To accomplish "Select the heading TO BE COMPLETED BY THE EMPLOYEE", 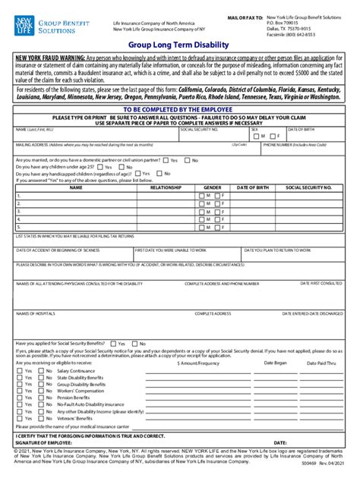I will click(x=179, y=109).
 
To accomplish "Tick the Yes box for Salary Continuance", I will click(x=19, y=370).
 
